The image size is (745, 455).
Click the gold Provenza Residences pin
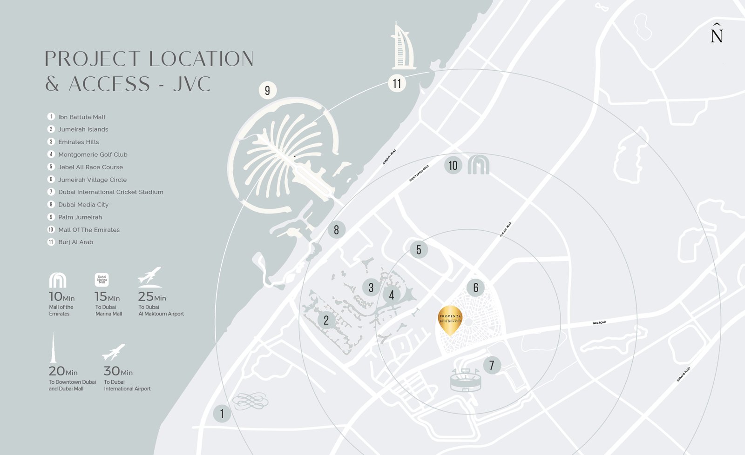[x=450, y=319]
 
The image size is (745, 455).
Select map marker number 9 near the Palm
[x=267, y=90]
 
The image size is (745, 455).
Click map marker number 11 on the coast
[x=397, y=84]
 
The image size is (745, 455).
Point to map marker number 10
[x=453, y=165]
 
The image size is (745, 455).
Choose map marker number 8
[x=336, y=229]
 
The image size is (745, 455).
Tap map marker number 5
[x=419, y=250]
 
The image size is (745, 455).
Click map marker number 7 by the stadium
[x=492, y=365]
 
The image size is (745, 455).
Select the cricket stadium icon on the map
[x=466, y=380]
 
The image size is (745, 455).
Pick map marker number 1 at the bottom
[x=222, y=414]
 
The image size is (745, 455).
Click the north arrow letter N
[x=717, y=34]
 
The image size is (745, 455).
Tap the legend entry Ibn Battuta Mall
[x=81, y=117]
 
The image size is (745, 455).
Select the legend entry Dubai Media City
[x=83, y=205]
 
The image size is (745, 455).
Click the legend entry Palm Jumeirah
[x=80, y=217]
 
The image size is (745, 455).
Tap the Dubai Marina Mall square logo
[x=102, y=280]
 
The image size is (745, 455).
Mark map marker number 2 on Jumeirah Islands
[x=326, y=320]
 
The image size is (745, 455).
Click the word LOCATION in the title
[x=201, y=59]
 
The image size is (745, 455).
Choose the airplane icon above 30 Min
[x=114, y=352]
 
